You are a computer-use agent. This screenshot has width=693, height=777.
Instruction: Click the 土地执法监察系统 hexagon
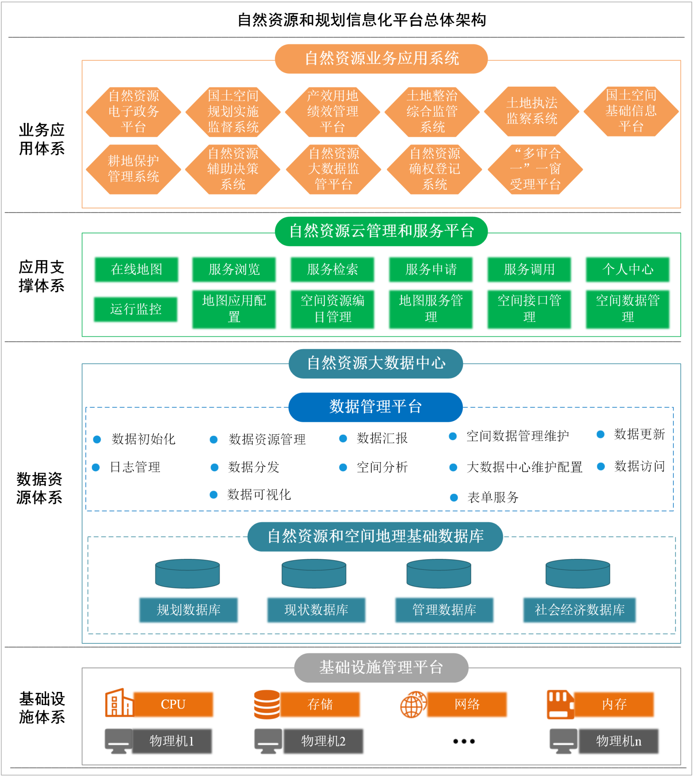pos(532,111)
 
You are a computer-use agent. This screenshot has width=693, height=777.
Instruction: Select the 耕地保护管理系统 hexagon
pos(134,169)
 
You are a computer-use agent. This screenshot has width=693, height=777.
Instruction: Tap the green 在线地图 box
pos(136,269)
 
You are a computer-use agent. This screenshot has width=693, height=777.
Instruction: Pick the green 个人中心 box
pos(627,269)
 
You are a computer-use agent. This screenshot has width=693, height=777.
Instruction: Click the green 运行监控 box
pos(136,309)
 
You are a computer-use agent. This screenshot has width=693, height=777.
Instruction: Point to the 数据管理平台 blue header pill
pos(375,407)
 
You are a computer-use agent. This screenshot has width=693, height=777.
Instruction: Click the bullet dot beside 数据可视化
pos(214,495)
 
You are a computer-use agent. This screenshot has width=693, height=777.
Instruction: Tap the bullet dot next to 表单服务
pos(454,497)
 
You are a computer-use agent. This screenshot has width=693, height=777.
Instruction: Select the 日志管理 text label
pos(135,467)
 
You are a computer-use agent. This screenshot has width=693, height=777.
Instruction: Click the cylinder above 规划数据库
pos(187,573)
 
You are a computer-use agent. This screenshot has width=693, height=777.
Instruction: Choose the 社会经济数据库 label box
pos(579,609)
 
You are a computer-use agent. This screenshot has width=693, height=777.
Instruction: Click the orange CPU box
pos(173,704)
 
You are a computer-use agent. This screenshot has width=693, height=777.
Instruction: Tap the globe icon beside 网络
pos(413,705)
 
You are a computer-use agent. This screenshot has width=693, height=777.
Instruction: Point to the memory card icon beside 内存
pos(560,705)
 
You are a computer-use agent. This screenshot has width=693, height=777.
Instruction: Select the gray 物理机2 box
pos(323,741)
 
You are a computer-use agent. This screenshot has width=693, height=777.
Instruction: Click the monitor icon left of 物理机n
pos(563,741)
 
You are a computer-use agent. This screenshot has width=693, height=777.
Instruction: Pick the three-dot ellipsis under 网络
pos(464,741)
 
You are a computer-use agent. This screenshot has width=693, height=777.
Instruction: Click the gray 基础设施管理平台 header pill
pos(381,667)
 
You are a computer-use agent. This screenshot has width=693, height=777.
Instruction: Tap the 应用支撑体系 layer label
pos(42,276)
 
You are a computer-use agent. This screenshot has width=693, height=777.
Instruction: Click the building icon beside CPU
pos(119,703)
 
